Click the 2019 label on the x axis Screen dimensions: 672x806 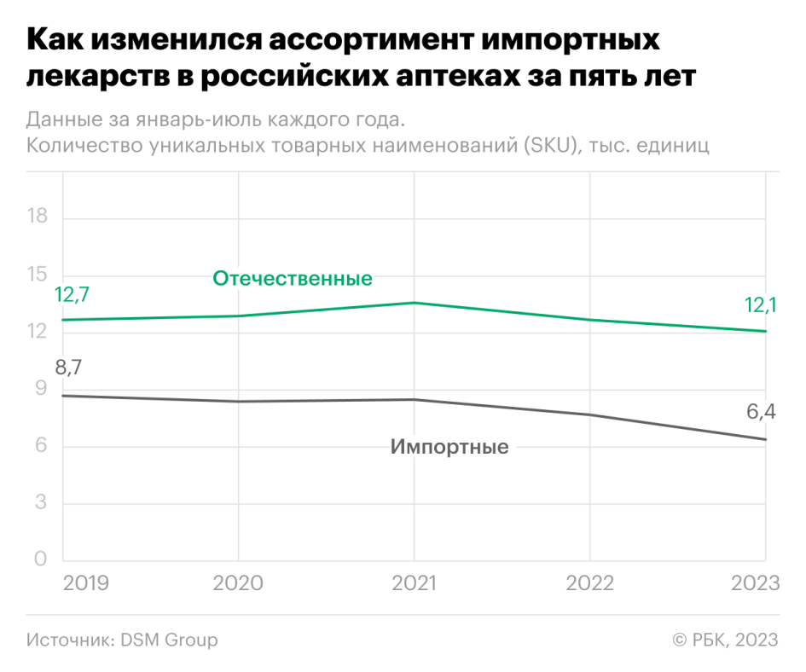click(x=85, y=583)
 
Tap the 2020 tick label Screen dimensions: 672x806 click(x=238, y=583)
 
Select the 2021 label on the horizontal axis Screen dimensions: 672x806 click(x=414, y=583)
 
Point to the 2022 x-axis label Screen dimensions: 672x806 click(x=589, y=583)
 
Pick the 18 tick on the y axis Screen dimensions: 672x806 click(x=38, y=217)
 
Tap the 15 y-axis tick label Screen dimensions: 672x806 click(x=38, y=275)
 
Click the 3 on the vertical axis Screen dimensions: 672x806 click(x=40, y=503)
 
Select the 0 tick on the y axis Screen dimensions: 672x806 click(x=40, y=560)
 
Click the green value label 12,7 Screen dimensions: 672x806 click(x=72, y=295)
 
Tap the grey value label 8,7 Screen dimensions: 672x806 click(x=72, y=368)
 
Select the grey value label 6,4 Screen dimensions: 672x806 click(x=761, y=413)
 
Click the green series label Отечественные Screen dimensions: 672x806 click(x=293, y=279)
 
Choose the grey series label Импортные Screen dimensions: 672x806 click(x=449, y=447)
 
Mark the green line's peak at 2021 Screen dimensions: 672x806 click(x=414, y=303)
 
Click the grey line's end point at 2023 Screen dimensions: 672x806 click(x=766, y=439)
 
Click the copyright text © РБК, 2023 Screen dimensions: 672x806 click(x=726, y=640)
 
